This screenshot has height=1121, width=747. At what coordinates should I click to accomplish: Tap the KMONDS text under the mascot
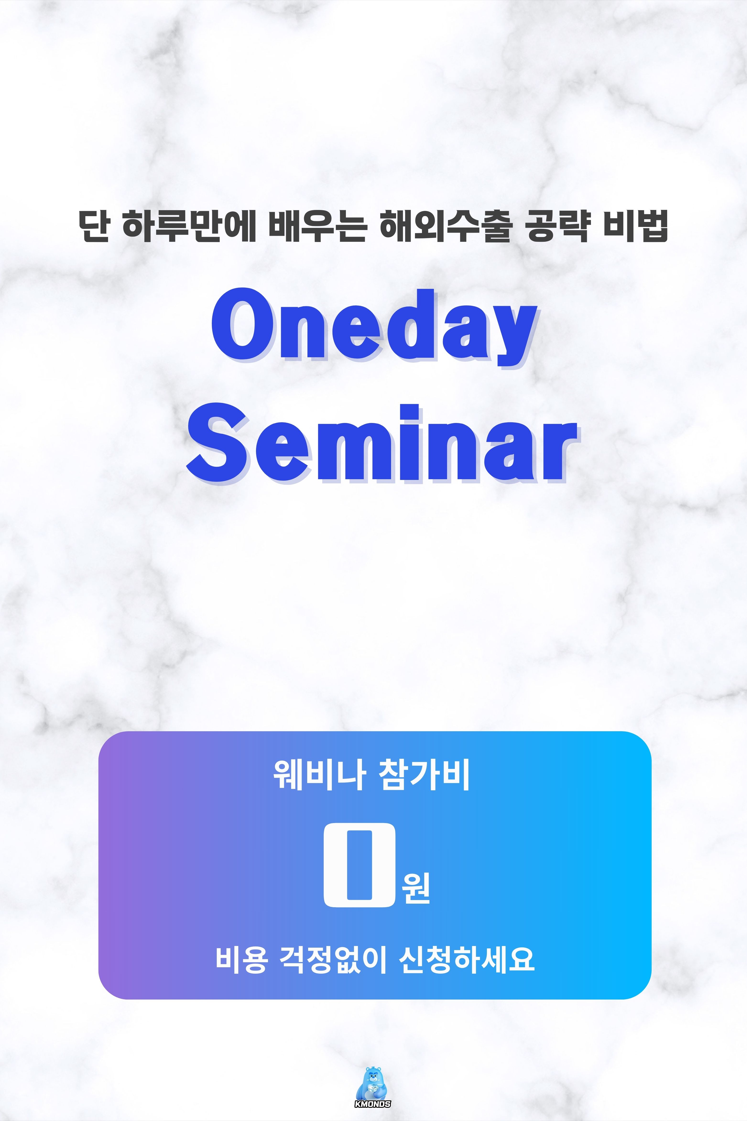pyautogui.click(x=373, y=1091)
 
